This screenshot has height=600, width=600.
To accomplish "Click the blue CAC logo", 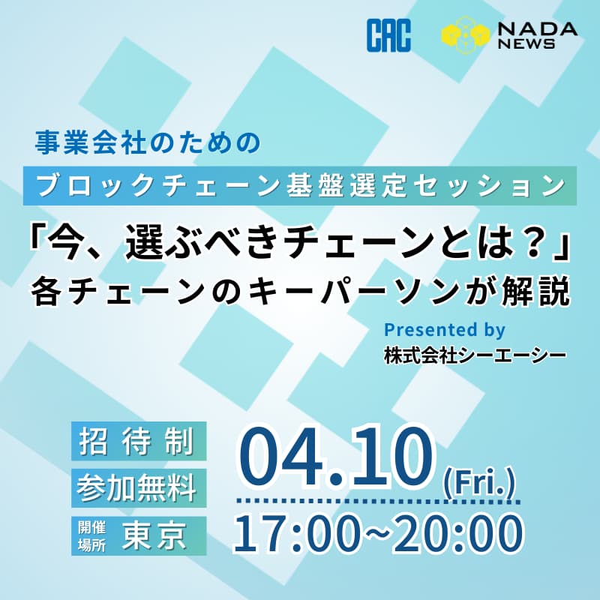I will pos(388,37).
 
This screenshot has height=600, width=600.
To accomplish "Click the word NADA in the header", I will pos(535,28).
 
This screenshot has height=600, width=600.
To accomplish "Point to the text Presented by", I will pos(444,329).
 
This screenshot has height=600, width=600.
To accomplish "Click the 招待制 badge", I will pos(139,442).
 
